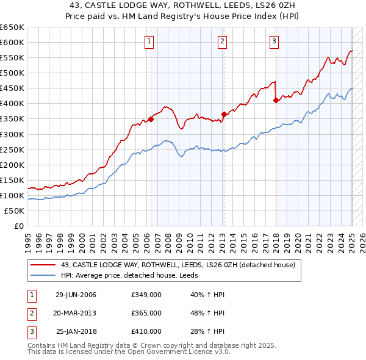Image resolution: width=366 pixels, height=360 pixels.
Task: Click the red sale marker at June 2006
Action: (x=151, y=119)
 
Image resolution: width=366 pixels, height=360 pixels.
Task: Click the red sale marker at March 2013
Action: (x=223, y=114)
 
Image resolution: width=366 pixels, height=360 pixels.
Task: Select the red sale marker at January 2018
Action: (x=276, y=101)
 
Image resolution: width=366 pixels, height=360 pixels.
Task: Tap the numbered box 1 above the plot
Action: (x=149, y=41)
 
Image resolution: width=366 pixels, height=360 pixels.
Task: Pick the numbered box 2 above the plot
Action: (x=222, y=41)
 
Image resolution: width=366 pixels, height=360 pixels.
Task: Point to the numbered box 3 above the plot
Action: (x=274, y=41)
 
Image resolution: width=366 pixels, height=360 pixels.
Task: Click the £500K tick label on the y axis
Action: (x=12, y=73)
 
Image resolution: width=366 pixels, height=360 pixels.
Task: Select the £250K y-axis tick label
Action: (x=12, y=149)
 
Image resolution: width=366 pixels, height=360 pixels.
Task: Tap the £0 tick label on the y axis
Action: (x=18, y=226)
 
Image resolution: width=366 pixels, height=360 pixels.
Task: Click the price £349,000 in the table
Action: (x=146, y=295)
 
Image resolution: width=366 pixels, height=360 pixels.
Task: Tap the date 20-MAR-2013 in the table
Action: (x=76, y=313)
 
